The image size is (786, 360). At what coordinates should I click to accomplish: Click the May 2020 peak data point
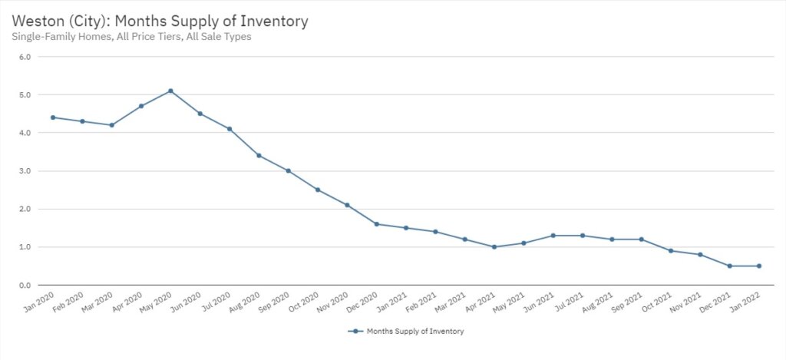(x=170, y=91)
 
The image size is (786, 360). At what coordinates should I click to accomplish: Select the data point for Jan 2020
(x=53, y=117)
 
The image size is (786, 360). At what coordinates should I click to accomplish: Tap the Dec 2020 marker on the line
(x=376, y=224)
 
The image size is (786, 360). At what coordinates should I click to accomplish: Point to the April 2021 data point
(x=494, y=247)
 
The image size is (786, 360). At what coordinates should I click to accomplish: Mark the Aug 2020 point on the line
(x=259, y=156)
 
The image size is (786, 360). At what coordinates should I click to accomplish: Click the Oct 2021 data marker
(x=671, y=251)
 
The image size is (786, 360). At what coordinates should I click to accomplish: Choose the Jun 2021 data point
(x=553, y=236)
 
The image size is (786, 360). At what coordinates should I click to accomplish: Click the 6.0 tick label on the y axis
(x=24, y=57)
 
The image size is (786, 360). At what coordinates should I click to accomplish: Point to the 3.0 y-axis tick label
(x=24, y=171)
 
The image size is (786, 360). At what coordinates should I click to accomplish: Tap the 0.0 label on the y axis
(x=24, y=286)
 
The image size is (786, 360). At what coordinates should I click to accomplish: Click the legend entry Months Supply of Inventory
(x=411, y=332)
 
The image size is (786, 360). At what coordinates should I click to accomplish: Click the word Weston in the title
(x=38, y=21)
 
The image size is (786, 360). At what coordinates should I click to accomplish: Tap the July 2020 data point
(x=230, y=129)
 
